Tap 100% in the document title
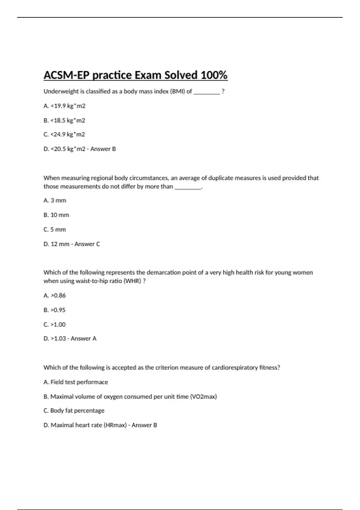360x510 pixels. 214,75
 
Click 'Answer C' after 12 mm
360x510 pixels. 87,244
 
